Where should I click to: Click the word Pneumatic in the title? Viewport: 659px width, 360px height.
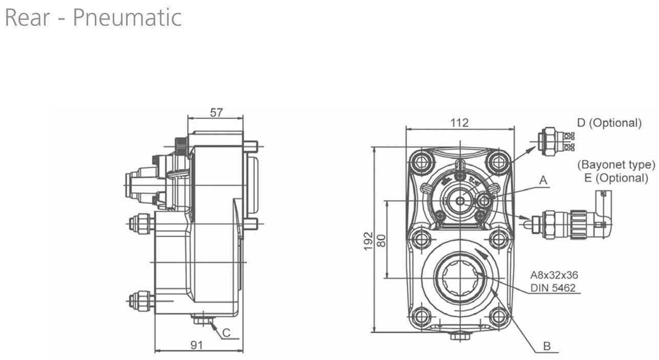(127, 17)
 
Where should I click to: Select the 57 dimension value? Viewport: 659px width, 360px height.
(216, 112)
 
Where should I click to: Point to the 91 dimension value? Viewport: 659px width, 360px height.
(197, 345)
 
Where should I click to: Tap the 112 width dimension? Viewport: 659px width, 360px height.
(460, 123)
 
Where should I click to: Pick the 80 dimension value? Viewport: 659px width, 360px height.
(381, 240)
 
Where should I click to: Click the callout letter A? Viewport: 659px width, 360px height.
(543, 181)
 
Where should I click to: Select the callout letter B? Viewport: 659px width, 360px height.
(547, 346)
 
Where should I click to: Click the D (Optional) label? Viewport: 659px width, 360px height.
(609, 123)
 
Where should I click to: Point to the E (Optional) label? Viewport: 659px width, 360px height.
(616, 178)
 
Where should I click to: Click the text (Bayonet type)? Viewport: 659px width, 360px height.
(616, 165)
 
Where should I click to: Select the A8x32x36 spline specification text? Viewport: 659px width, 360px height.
(554, 275)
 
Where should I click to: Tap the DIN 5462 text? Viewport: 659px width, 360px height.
(553, 288)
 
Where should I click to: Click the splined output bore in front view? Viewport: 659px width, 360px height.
(460, 276)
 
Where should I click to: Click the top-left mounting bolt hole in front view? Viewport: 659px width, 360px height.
(422, 163)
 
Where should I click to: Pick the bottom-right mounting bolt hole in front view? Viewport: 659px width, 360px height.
(498, 315)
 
